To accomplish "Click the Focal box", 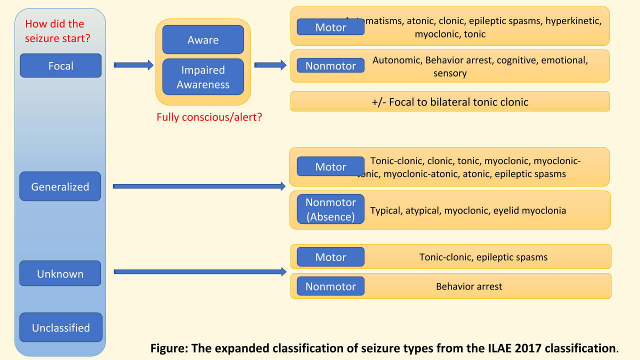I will pos(60,65).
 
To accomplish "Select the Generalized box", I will pos(60,186).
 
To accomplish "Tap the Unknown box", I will pos(60,273).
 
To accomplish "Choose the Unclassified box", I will pos(60,327).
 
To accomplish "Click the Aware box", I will pos(203,39).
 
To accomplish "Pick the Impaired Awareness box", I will pos(203,77).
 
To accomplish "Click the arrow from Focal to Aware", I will pos(133,64).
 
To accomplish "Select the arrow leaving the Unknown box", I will pos(200,271).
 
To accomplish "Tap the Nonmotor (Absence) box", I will pos(330,209).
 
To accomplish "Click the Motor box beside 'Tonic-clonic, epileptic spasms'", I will pos(330,257).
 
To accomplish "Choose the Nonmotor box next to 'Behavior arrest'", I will pos(330,286).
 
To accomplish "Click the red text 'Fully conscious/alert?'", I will pos(209,117).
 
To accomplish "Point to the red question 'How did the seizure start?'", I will pos(57,30).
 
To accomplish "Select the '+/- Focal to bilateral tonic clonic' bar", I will pos(450,101).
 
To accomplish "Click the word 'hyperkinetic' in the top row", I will pos(573,21).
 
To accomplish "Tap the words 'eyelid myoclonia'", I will pos(529,210).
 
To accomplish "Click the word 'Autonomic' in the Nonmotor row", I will pos(396,60).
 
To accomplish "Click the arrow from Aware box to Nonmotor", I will pos(270,64).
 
